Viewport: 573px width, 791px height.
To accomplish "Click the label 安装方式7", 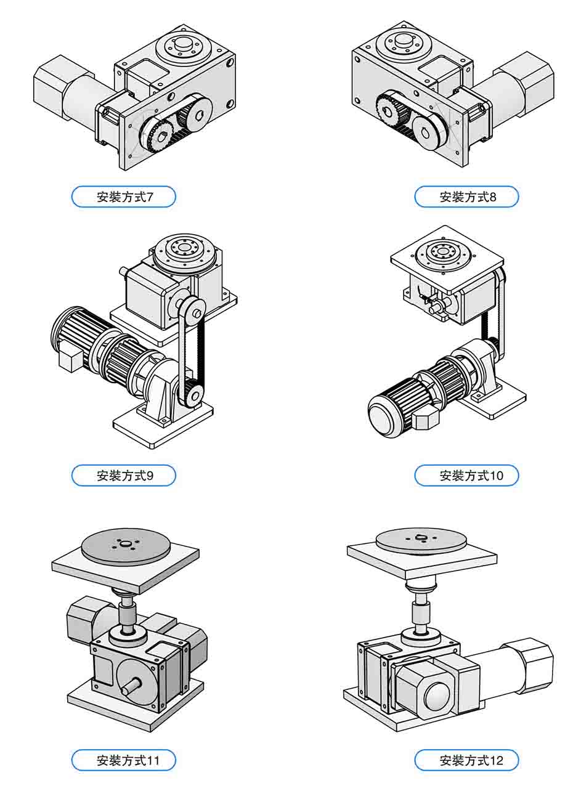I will click(x=124, y=197).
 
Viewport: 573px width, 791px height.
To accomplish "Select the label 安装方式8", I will click(x=466, y=197).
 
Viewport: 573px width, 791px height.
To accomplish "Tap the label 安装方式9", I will click(x=124, y=476).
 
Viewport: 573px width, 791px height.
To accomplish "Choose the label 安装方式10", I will click(x=466, y=476).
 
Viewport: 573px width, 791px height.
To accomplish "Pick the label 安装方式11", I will click(x=124, y=760).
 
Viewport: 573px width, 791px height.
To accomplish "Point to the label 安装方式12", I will click(x=466, y=760).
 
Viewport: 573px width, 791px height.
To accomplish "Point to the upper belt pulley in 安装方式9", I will click(x=190, y=310).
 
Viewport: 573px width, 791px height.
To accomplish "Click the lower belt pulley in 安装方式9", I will click(x=192, y=392).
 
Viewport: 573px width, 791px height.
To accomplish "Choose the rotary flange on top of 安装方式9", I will click(x=184, y=249).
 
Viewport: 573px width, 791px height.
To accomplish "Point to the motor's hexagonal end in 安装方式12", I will click(x=532, y=662).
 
